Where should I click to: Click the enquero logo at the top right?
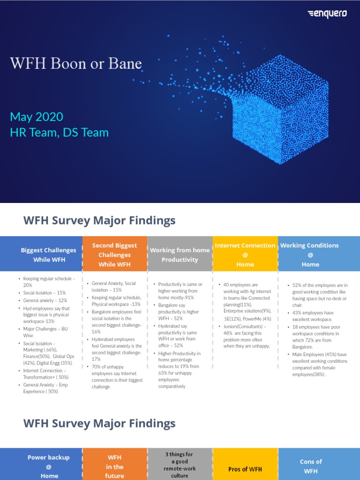[x=327, y=14]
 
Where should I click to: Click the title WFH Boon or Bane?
[x=76, y=64]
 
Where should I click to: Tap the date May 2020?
[x=37, y=117]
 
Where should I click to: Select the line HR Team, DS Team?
[x=59, y=133]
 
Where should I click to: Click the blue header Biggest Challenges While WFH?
[x=49, y=255]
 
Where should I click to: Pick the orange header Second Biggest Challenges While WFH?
[x=114, y=255]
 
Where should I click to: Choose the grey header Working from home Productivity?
[x=180, y=255]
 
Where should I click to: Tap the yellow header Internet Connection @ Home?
[x=245, y=255]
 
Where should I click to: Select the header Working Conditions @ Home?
[x=310, y=255]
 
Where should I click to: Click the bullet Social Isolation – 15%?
[x=45, y=292]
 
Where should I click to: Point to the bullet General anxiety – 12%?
[x=45, y=300]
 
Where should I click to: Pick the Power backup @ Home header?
[x=49, y=466]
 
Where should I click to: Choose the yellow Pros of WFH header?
[x=245, y=469]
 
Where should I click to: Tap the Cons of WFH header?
[x=311, y=466]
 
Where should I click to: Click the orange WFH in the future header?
[x=114, y=466]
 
